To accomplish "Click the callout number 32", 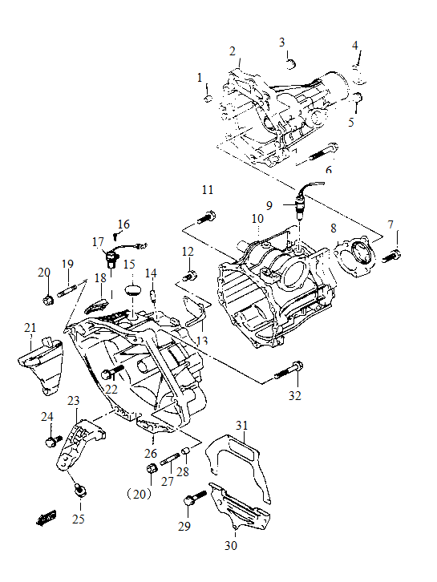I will tap(295, 395).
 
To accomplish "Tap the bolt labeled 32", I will tap(289, 370).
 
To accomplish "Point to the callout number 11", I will tap(208, 190).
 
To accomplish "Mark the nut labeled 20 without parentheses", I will tap(47, 301).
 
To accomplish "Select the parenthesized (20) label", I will tap(141, 494).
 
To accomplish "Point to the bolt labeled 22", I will tap(111, 373).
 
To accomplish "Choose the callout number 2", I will tap(233, 51).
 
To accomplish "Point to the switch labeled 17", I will tap(111, 257).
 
